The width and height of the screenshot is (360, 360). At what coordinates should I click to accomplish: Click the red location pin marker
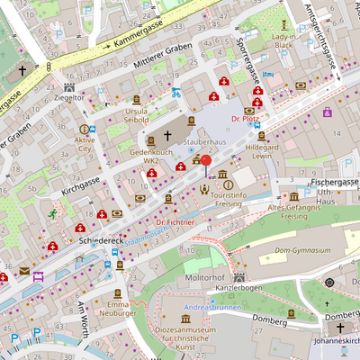pos(206,164)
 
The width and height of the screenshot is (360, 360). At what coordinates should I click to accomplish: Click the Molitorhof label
pos(204,280)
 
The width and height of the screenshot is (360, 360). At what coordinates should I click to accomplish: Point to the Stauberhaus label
pos(204,142)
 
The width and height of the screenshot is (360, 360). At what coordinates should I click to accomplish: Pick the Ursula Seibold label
pos(136,114)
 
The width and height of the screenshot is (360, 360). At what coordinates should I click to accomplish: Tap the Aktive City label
pos(85,145)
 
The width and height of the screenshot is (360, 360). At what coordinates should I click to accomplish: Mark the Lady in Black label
pos(283,40)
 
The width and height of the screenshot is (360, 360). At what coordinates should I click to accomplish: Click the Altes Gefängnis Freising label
pos(294,211)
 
